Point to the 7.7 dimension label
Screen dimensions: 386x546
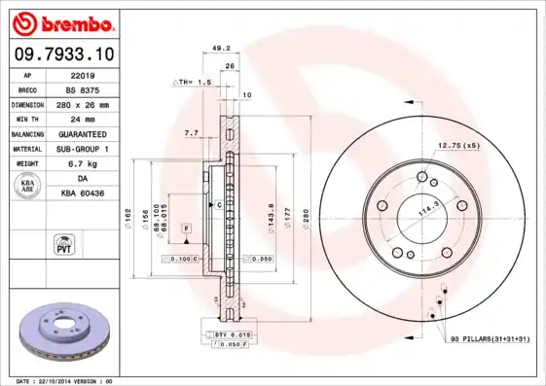click(191, 132)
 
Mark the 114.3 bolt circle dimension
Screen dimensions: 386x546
click(424, 208)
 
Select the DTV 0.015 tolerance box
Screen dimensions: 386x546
click(227, 334)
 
